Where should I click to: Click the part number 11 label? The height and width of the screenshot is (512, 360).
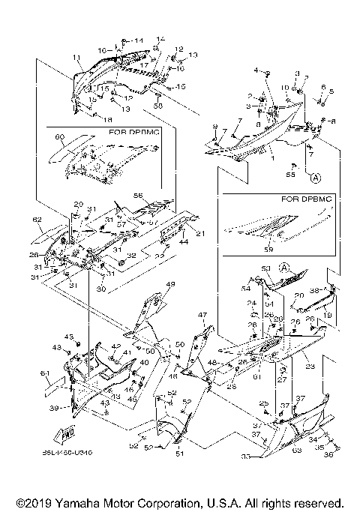[76, 58]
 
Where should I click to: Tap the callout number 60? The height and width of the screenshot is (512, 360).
[59, 138]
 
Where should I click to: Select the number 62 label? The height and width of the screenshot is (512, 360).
[37, 220]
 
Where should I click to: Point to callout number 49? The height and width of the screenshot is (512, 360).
[170, 284]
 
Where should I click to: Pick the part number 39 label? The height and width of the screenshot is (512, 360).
[52, 408]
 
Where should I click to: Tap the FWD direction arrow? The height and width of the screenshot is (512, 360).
[67, 433]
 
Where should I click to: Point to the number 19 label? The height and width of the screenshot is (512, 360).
[328, 316]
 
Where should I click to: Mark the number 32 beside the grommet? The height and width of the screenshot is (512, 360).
[132, 256]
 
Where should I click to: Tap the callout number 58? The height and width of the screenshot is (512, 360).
[158, 106]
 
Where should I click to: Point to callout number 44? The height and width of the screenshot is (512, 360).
[183, 241]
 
